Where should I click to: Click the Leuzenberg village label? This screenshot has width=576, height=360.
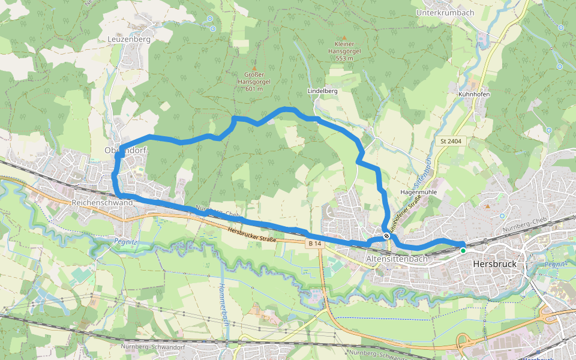[x=128, y=39]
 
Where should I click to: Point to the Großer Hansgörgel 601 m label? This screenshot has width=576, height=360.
[x=254, y=82]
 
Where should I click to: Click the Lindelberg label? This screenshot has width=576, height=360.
[x=322, y=91]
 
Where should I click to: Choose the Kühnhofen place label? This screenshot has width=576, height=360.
[x=474, y=95]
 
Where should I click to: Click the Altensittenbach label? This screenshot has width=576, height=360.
[x=397, y=259]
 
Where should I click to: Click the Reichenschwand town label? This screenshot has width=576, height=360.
[x=101, y=203]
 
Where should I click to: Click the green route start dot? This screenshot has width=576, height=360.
[x=463, y=250]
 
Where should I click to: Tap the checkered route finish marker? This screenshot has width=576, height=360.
[x=387, y=236]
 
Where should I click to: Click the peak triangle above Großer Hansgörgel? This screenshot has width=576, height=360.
[x=254, y=68]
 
